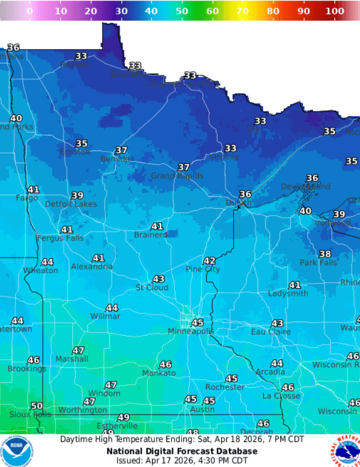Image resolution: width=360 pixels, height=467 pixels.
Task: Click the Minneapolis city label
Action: click(x=191, y=331)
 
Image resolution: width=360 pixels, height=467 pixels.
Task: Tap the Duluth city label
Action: click(x=238, y=203)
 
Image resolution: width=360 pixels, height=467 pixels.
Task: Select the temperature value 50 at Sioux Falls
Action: click(x=36, y=406)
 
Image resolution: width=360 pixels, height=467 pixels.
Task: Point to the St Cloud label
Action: click(x=152, y=287)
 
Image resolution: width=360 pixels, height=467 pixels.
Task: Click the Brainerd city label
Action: click(x=150, y=235)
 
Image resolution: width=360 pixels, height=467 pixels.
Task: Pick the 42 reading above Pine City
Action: click(x=210, y=261)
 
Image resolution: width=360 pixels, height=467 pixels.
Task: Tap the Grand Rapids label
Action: click(x=177, y=176)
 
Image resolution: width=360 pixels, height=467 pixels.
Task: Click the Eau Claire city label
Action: click(x=271, y=332)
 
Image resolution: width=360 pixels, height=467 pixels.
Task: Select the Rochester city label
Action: click(x=225, y=387)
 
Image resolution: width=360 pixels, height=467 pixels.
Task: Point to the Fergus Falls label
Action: click(x=60, y=238)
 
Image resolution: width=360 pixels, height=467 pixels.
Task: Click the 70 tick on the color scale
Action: click(x=242, y=11)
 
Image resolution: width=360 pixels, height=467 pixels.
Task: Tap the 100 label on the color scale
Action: click(x=335, y=11)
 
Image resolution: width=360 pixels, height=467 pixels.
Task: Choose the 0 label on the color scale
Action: click(x=30, y=11)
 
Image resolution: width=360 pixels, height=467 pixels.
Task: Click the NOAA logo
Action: click(x=16, y=450)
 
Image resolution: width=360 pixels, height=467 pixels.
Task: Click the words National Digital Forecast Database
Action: click(x=182, y=450)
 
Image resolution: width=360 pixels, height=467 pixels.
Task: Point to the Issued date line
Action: click(x=182, y=460)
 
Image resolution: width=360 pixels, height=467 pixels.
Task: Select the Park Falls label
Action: click(x=318, y=263)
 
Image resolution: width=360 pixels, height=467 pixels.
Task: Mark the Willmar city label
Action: click(x=105, y=316)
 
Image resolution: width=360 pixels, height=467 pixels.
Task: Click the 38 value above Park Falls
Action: click(x=325, y=254)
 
